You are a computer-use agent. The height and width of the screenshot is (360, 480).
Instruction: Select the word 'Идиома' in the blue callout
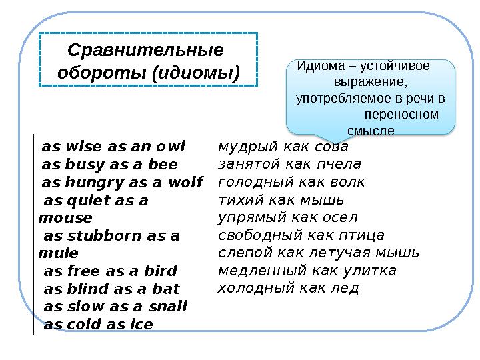[321, 65]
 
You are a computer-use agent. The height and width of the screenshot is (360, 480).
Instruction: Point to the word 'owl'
[170, 147]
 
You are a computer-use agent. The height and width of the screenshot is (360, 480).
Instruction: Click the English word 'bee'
[165, 165]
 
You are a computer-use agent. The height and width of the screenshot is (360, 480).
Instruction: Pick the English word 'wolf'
[185, 183]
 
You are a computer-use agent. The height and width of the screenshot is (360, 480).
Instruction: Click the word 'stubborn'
[108, 235]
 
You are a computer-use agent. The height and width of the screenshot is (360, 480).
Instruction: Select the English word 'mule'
[59, 253]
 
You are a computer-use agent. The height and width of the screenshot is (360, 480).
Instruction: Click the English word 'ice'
[141, 325]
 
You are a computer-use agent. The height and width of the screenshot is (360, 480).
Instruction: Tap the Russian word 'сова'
[331, 147]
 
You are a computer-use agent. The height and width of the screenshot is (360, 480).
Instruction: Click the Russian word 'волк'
[347, 182]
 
